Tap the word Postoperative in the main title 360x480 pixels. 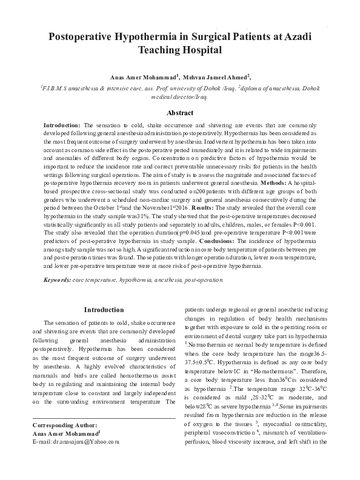[x=90, y=37]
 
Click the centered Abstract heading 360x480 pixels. [x=180, y=113]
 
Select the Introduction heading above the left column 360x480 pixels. [x=104, y=310]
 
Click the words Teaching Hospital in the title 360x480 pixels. [x=180, y=51]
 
